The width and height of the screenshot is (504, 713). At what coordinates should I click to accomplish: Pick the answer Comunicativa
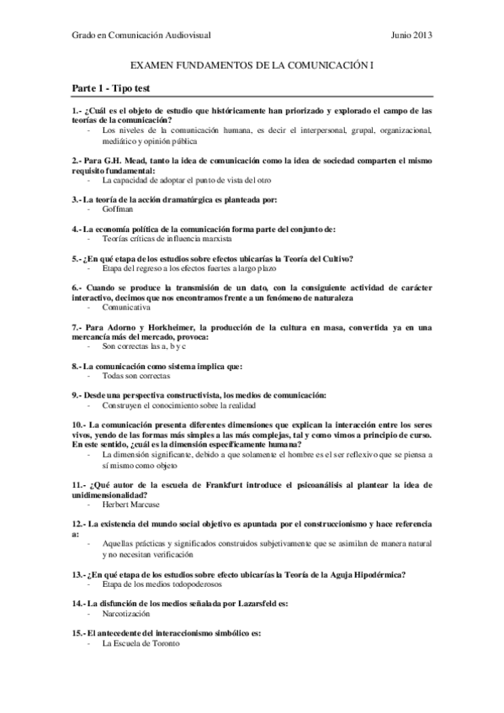point(126,308)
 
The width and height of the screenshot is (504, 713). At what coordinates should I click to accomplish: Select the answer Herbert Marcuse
point(132,504)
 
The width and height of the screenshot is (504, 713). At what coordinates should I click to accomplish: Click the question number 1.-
point(77,111)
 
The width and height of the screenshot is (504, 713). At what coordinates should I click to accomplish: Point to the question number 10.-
point(79,425)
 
